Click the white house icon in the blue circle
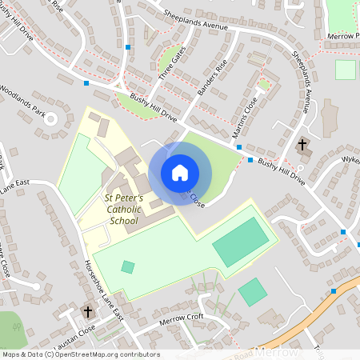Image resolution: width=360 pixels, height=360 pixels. [180, 173]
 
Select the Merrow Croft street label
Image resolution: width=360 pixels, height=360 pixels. [182, 318]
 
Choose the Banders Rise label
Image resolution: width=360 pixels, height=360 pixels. [211, 79]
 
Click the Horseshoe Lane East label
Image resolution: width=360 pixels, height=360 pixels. [104, 291]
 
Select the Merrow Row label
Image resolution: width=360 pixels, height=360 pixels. [342, 37]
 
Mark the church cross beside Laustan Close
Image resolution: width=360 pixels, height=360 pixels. [88, 311]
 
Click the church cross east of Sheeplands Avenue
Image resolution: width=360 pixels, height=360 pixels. [302, 145]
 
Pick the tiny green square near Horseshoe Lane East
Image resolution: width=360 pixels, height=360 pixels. [128, 266]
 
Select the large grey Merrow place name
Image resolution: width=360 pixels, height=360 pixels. [276, 352]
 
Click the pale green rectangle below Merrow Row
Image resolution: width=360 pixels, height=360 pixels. [345, 70]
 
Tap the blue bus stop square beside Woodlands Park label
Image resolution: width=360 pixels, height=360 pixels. [86, 82]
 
